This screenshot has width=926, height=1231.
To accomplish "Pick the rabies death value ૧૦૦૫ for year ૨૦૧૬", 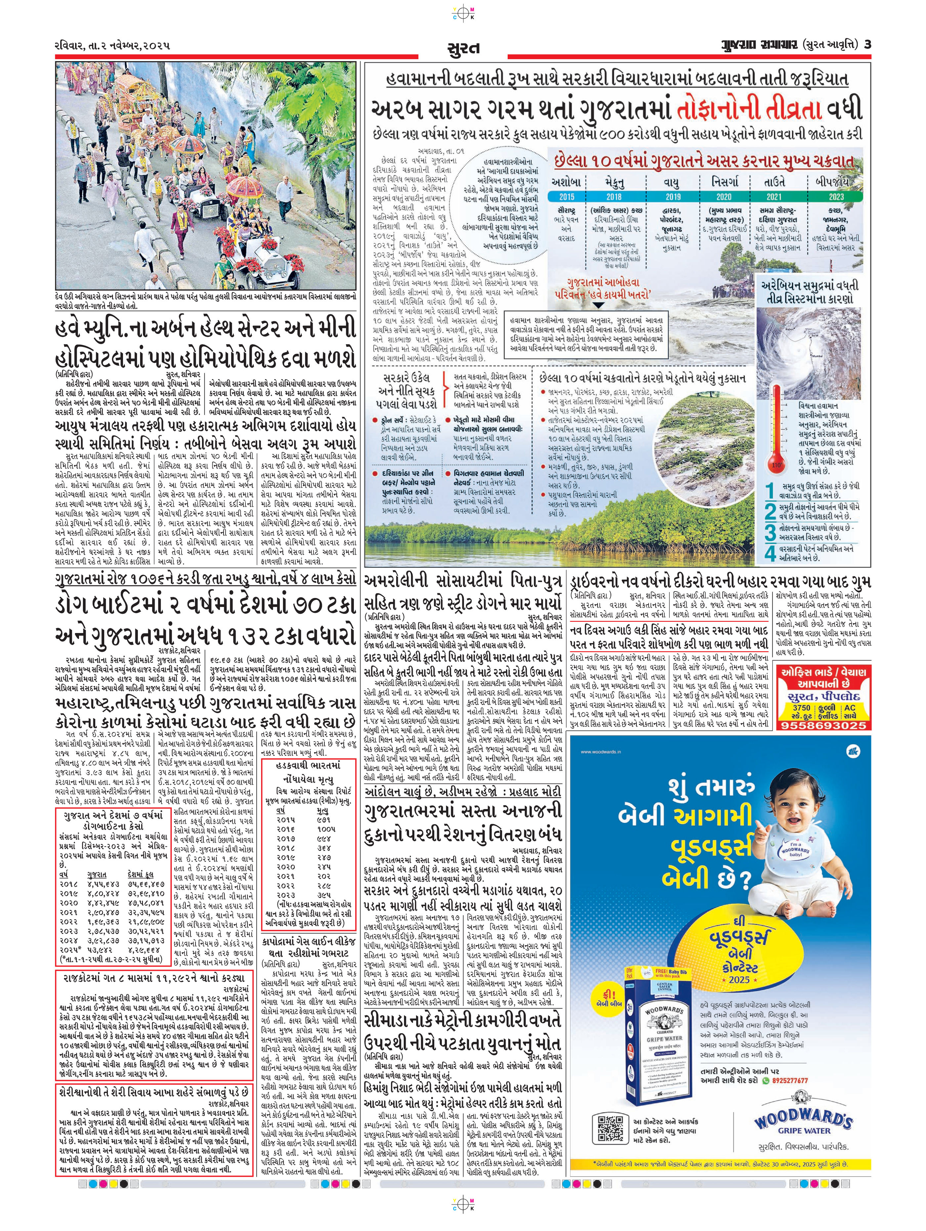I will pyautogui.click(x=326, y=829).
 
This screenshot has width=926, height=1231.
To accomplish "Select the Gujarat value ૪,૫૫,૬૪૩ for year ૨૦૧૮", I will pyautogui.click(x=104, y=884).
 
